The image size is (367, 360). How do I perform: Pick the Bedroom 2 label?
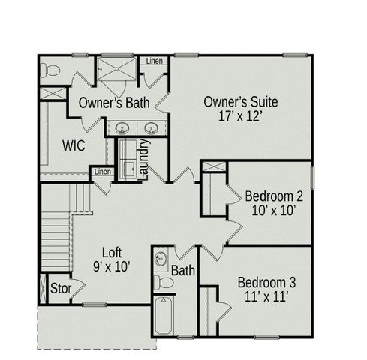(x=275, y=196)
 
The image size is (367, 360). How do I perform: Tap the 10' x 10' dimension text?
(x=275, y=211)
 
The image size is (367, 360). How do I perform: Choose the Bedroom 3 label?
(x=266, y=282)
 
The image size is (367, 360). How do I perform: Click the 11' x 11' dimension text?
(x=266, y=297)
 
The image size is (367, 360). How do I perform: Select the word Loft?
(x=112, y=253)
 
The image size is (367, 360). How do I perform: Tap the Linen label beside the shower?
(x=154, y=61)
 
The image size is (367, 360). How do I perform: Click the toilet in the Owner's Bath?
(x=51, y=70)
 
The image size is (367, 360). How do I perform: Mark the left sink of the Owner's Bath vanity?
(x=122, y=127)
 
